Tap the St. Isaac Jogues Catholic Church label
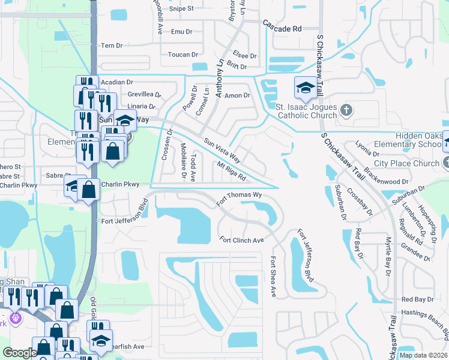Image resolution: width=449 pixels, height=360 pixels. click(306, 111)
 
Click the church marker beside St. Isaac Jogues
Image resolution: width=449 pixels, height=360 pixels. click(346, 110)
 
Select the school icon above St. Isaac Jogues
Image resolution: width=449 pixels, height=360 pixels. click(305, 88)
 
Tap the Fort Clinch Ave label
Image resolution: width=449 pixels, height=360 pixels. click(242, 240)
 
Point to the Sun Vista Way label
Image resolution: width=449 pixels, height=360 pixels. click(221, 151)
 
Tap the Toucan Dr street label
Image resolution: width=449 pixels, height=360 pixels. click(182, 55)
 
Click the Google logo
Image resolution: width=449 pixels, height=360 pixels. click(20, 353)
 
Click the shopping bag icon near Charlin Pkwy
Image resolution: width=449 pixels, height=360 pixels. click(88, 190)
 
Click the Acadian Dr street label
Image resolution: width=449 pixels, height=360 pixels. click(117, 82)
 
